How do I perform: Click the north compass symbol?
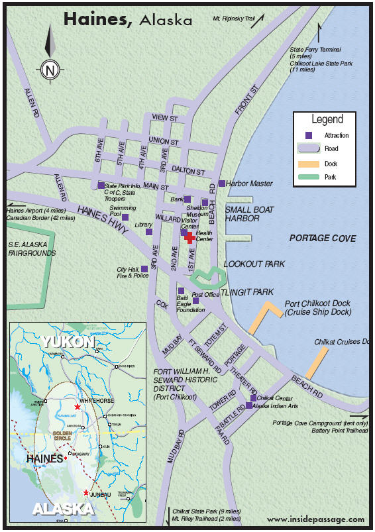click(x=50, y=68)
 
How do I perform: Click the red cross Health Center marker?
click(x=189, y=237)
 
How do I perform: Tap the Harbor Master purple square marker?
click(x=221, y=184)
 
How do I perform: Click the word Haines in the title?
click(x=98, y=20)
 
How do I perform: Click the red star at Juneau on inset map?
click(x=85, y=493)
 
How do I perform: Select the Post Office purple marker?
click(x=195, y=301)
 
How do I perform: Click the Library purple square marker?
click(x=149, y=231)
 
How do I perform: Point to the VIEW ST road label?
click(x=165, y=118)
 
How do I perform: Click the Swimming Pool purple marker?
click(x=125, y=217)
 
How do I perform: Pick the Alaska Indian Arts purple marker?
click(x=249, y=405)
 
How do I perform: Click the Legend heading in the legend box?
click(x=327, y=120)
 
